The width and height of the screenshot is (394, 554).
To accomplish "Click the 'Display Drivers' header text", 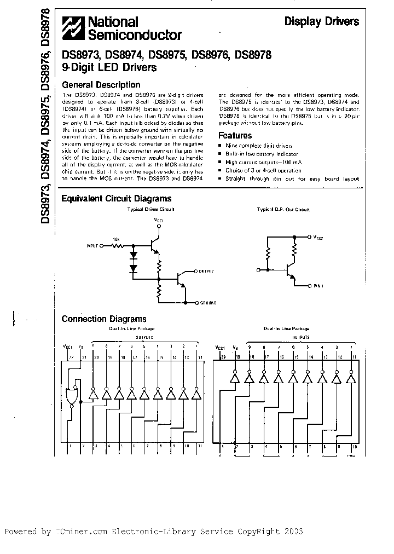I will pos(321,22).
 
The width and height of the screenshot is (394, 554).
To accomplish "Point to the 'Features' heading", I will pos(235,135).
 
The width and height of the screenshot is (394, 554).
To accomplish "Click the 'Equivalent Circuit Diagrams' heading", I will pos(117,199).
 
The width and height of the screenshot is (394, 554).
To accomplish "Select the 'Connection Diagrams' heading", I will pos(104,319).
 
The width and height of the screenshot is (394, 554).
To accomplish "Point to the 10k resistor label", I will pos(116,240).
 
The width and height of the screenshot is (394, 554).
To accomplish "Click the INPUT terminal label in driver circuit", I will pos(91,247).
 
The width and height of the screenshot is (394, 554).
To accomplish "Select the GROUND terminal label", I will pos(207,303).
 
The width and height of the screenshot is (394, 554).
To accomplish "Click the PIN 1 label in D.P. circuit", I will pos(321,285).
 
